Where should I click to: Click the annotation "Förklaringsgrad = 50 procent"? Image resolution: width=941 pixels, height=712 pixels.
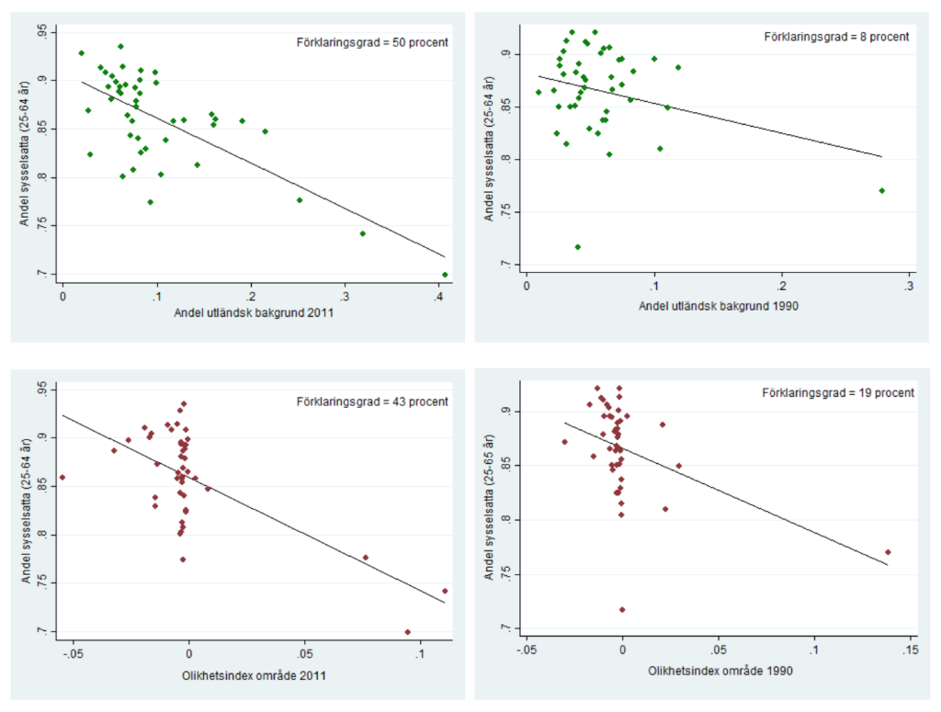coord(372,42)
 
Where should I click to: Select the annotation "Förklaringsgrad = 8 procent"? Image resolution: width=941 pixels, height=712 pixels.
coord(836,37)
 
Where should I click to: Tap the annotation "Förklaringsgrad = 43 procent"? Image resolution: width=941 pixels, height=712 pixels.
coord(372,401)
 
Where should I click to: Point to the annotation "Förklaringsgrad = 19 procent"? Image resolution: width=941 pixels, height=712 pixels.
coord(838,392)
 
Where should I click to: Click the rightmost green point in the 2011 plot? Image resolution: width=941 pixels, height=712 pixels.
coord(445,275)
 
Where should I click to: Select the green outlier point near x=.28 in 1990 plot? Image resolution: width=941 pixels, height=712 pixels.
coord(881,190)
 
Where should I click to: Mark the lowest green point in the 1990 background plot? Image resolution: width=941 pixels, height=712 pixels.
coord(577,246)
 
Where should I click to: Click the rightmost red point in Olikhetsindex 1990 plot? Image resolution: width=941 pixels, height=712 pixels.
coord(888,552)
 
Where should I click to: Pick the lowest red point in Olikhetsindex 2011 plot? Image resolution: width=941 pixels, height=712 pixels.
coord(407,632)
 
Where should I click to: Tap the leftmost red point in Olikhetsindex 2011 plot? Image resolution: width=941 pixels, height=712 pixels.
coord(62,477)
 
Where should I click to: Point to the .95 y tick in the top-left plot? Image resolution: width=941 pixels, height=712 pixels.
coord(44,31)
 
